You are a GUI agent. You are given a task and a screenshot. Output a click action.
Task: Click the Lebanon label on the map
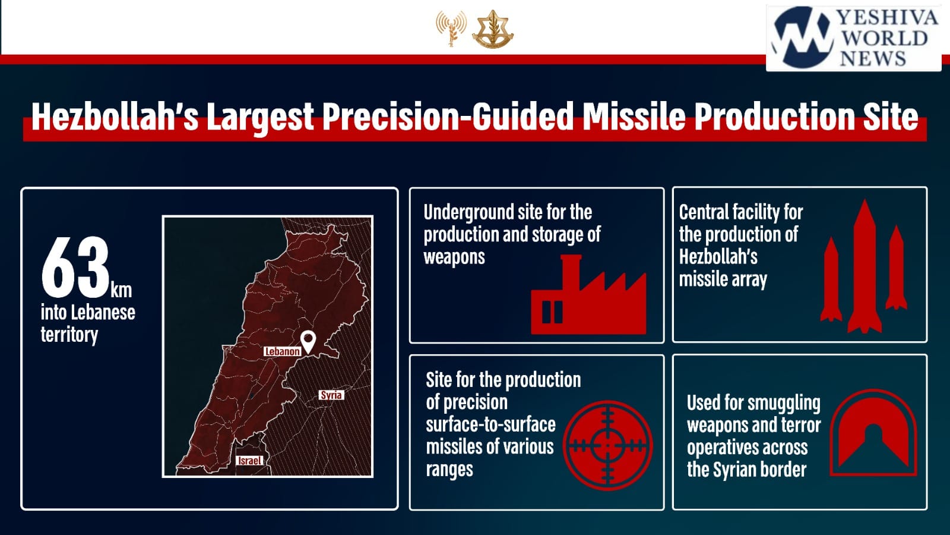point(282,351)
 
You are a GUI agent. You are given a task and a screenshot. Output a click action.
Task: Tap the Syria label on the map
point(331,395)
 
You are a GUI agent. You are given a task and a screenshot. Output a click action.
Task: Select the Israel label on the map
point(250,461)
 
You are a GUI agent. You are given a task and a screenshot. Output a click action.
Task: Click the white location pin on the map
point(308,341)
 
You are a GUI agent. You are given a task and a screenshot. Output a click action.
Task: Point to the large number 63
point(75,267)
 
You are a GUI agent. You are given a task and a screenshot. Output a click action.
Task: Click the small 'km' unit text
point(121,291)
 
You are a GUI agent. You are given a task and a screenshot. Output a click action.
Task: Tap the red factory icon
point(588,294)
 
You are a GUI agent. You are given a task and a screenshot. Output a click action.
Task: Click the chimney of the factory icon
point(571,272)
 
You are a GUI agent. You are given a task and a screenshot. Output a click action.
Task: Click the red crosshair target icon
point(608,445)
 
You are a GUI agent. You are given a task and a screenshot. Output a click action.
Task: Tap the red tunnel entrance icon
point(873,432)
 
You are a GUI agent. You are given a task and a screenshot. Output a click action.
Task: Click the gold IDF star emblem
point(493,29)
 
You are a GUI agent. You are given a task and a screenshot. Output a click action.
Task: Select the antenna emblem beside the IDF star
point(451,28)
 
